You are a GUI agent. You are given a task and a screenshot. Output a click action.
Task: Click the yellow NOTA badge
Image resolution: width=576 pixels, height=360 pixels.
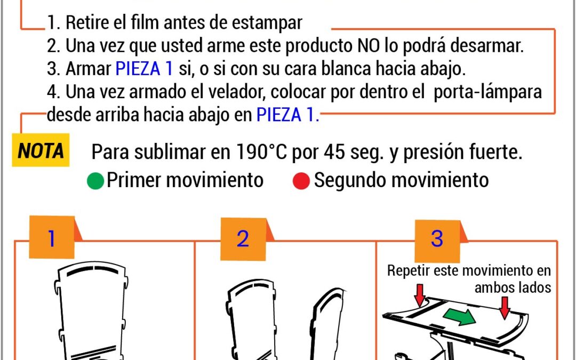41,150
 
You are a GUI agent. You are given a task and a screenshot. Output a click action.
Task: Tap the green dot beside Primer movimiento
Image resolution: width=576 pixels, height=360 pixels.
95,181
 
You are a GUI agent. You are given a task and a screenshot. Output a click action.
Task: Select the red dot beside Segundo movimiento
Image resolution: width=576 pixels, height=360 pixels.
301,181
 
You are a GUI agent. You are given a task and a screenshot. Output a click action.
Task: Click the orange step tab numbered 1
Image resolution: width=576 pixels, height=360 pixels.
52,238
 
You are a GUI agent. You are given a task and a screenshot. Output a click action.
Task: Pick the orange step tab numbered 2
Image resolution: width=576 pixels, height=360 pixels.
243,239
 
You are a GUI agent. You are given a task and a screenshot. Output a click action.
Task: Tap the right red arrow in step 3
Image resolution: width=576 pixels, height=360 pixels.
505,308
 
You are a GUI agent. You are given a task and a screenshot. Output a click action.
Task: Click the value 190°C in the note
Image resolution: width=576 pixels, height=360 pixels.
261,151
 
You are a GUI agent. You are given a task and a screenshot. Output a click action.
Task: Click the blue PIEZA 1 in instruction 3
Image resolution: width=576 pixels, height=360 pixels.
144,69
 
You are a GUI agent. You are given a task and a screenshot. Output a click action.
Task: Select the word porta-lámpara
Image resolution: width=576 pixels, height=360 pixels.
487,92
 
